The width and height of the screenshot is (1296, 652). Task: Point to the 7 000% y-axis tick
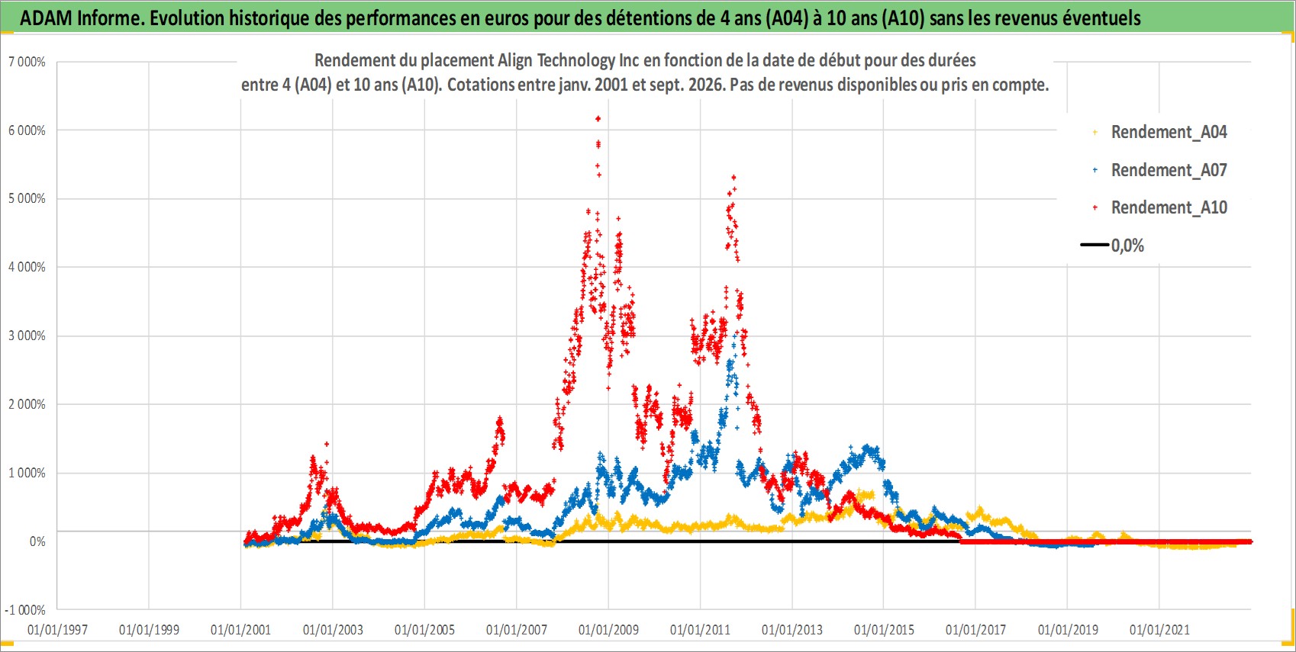pyautogui.click(x=27, y=62)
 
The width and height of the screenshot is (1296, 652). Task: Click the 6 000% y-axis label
pyautogui.click(x=27, y=130)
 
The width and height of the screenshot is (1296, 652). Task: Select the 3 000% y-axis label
pyautogui.click(x=27, y=336)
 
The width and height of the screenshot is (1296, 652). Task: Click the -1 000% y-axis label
pyautogui.click(x=25, y=610)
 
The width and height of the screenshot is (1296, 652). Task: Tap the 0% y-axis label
pyautogui.click(x=37, y=541)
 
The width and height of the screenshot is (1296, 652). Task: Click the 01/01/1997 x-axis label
pyautogui.click(x=57, y=629)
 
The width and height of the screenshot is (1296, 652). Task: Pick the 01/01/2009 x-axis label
pyautogui.click(x=608, y=629)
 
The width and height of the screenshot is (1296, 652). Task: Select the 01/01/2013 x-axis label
pyautogui.click(x=792, y=629)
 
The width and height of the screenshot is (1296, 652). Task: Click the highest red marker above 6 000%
pyautogui.click(x=598, y=118)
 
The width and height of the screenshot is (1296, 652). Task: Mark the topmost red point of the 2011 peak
pyautogui.click(x=733, y=178)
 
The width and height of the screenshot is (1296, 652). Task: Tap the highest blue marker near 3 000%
pyautogui.click(x=735, y=335)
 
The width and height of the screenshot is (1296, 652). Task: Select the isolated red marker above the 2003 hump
pyautogui.click(x=327, y=444)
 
